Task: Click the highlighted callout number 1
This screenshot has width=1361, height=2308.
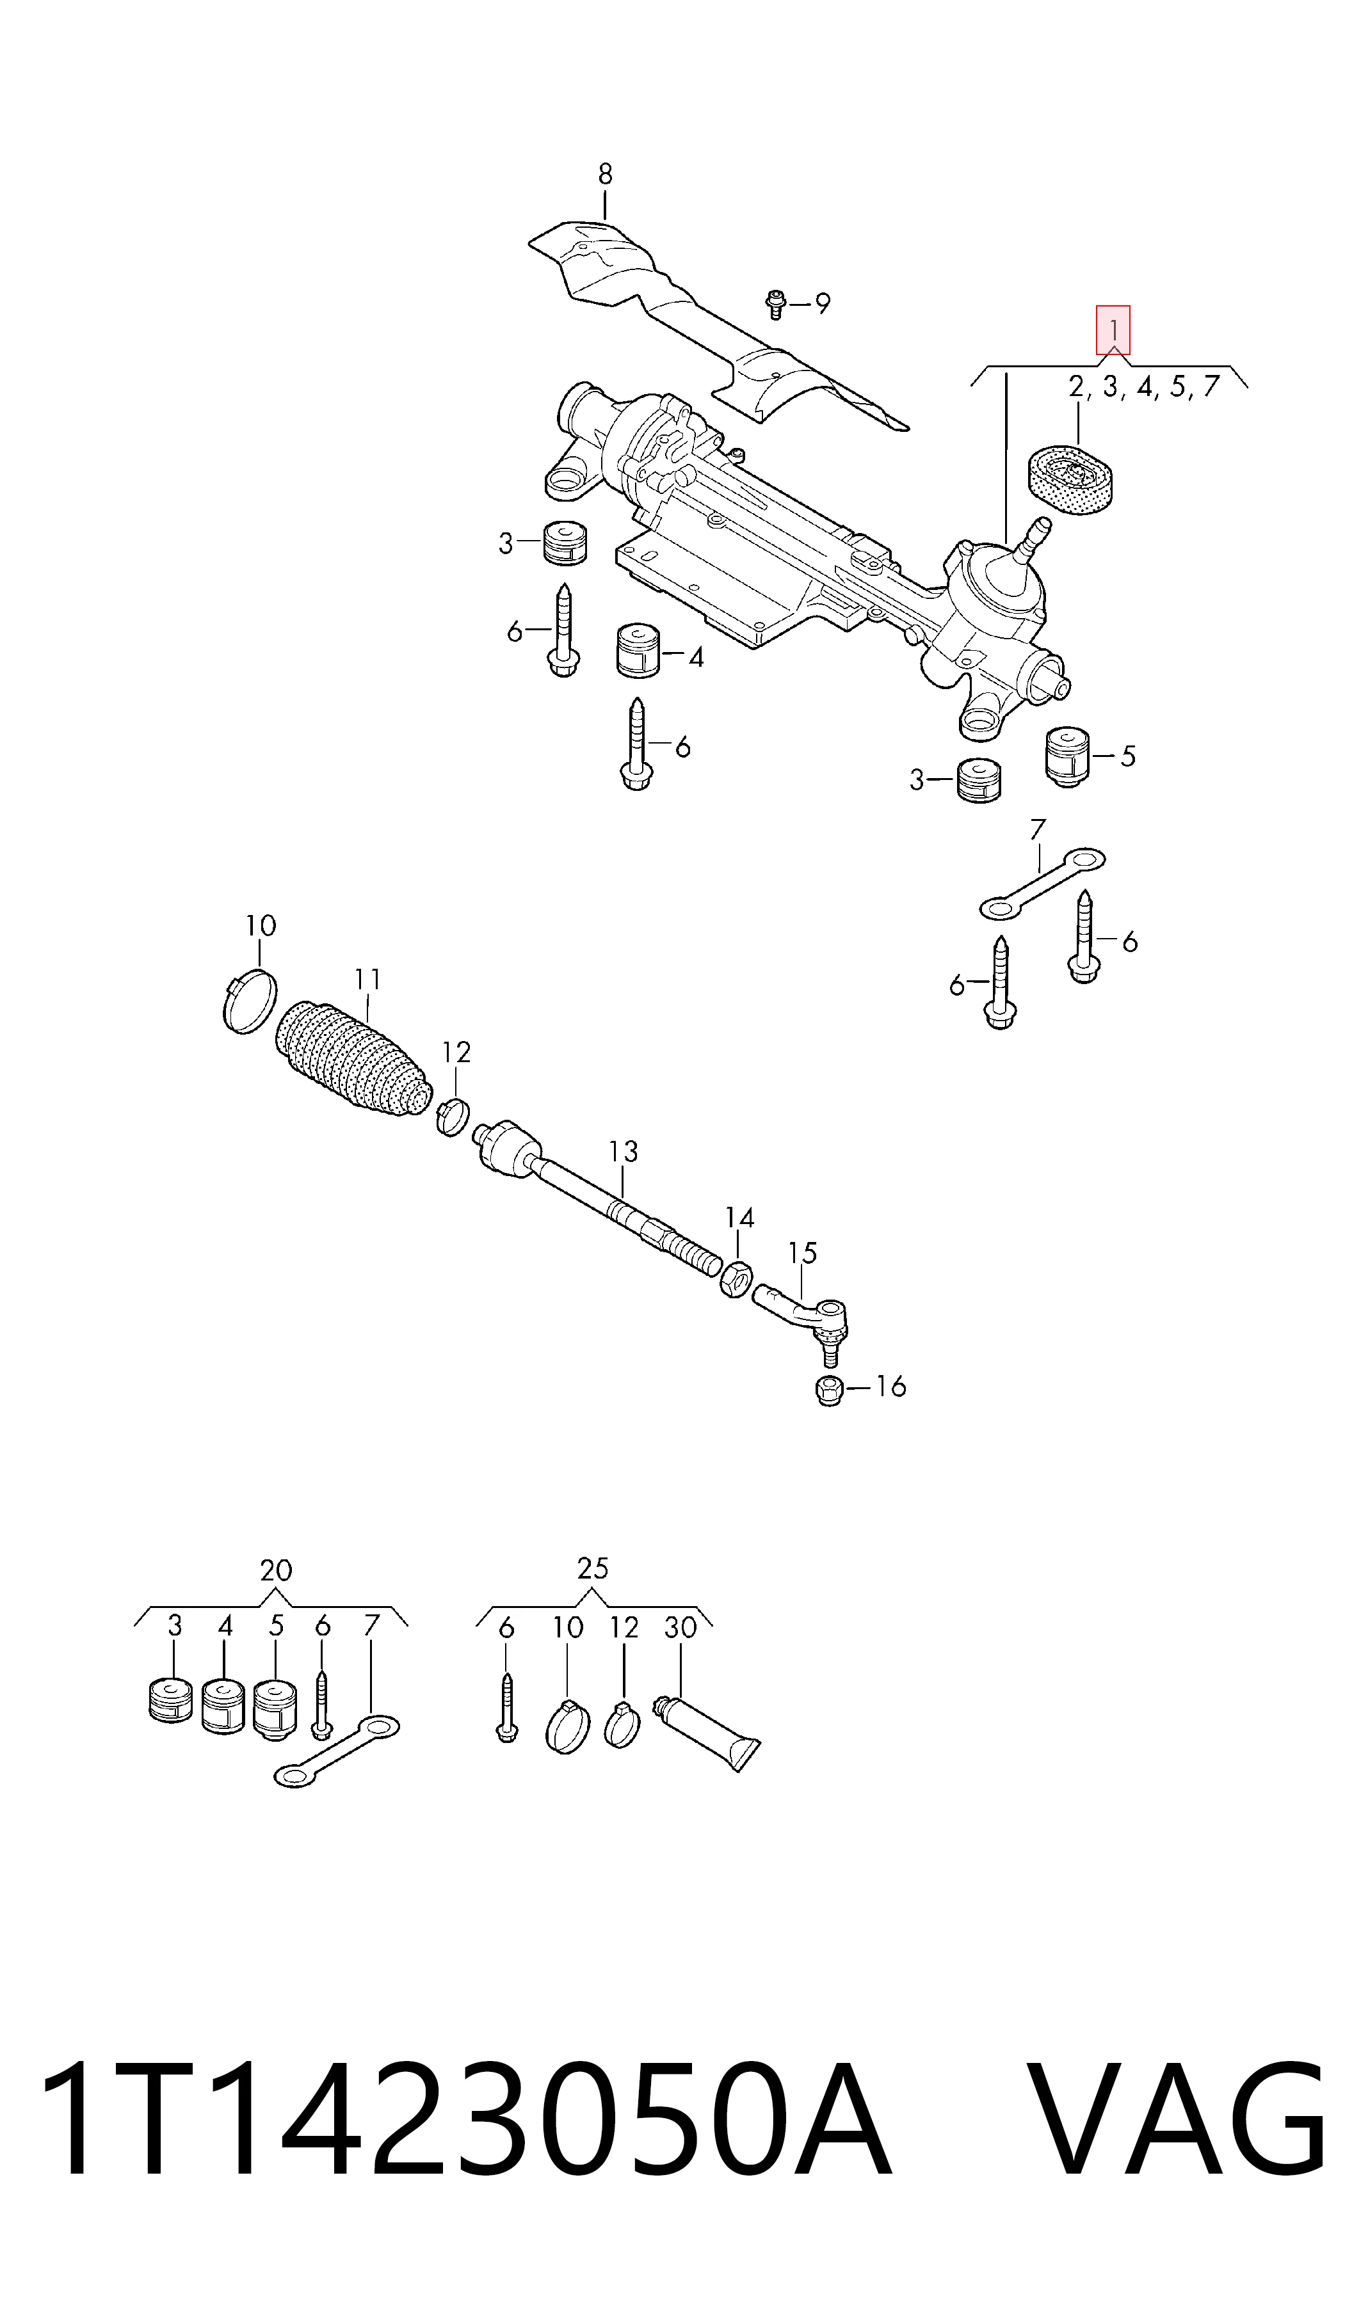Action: (1113, 330)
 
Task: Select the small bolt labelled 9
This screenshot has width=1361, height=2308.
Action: (776, 303)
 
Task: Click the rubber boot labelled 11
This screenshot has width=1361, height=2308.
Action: (353, 1059)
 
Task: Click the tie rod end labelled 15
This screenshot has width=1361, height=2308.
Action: (803, 1321)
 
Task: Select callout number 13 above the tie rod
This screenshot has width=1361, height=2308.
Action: (623, 1152)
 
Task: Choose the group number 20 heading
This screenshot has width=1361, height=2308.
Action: (276, 1570)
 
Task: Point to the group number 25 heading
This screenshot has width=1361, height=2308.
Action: (592, 1568)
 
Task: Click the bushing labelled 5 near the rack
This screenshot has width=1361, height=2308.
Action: (1068, 757)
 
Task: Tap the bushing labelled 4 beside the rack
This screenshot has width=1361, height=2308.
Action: (638, 651)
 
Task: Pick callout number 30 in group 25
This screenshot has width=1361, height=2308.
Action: (680, 1628)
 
